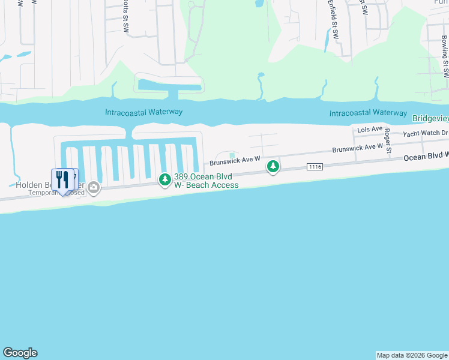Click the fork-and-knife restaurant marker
coord(62,180)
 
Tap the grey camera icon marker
coord(94,188)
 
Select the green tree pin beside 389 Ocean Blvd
coord(164,179)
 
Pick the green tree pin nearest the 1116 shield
coord(273,166)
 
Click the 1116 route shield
coord(315,166)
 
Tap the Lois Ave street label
coord(369,129)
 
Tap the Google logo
coord(20,353)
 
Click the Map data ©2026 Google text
coord(412,355)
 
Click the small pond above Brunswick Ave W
coord(232,157)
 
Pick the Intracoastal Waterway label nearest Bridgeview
coord(368,112)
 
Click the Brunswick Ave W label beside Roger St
coord(358,148)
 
